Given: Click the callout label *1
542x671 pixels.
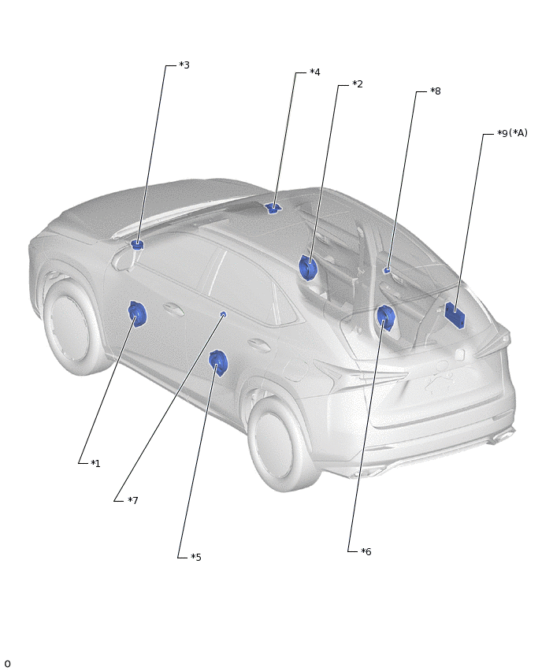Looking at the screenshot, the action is [x=95, y=463].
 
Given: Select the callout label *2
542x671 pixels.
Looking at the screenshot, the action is [x=358, y=83].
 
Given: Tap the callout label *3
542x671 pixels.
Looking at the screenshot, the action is [x=184, y=65].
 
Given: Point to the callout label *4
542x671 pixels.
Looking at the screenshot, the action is [x=314, y=72].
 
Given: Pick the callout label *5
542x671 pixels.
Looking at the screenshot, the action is [x=196, y=557].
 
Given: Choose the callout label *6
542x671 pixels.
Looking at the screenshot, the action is [x=366, y=551].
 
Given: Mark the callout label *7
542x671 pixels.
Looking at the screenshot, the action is [x=133, y=500].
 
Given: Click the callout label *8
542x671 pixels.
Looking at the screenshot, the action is [x=436, y=91].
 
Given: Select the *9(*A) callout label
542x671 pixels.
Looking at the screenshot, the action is [x=513, y=133].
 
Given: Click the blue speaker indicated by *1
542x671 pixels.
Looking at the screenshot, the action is [x=137, y=314].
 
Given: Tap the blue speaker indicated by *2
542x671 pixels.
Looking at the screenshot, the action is [x=308, y=268].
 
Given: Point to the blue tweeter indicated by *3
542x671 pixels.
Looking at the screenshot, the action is [x=137, y=245].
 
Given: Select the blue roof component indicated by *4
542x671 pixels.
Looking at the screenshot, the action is [x=273, y=209].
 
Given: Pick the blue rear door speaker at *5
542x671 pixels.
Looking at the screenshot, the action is [x=218, y=364].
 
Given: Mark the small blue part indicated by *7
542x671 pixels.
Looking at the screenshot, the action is [x=223, y=315].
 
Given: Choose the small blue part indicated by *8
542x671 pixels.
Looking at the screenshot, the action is [x=387, y=269].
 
